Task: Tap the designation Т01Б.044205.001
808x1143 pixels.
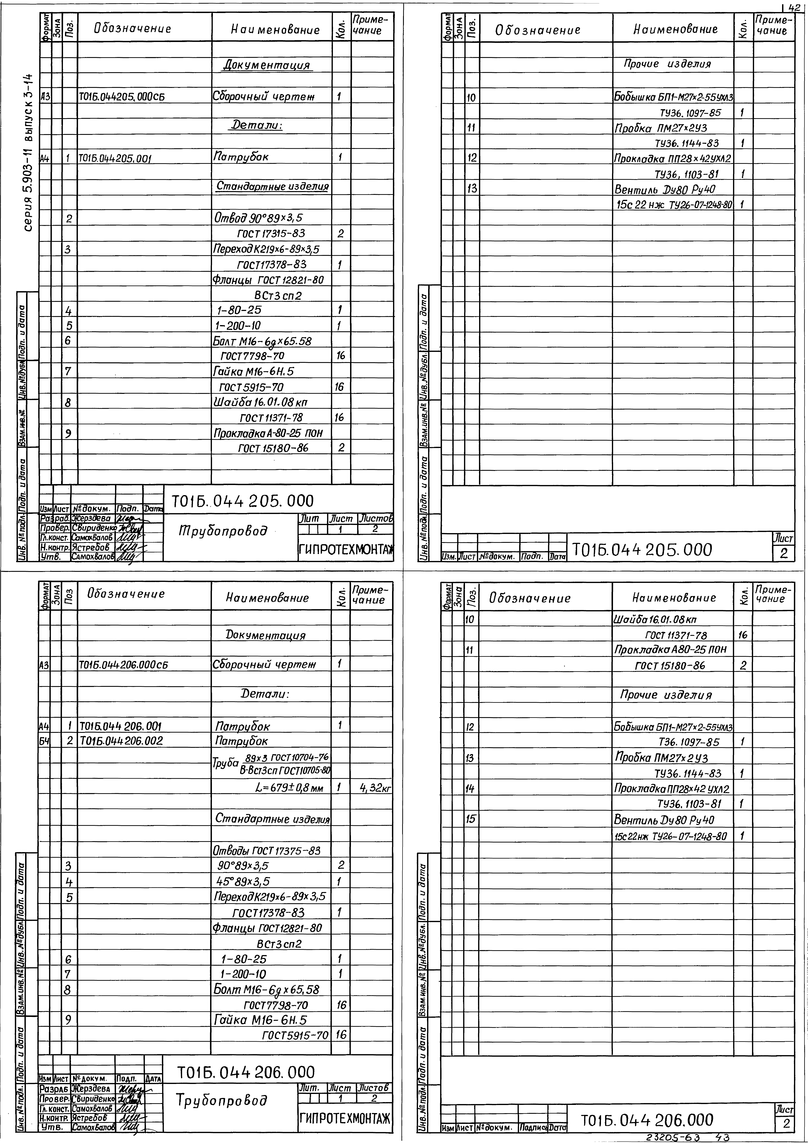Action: pyautogui.click(x=115, y=159)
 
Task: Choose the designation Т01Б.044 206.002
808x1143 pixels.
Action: pyautogui.click(x=121, y=741)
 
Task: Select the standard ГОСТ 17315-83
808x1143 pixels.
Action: pyautogui.click(x=271, y=233)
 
